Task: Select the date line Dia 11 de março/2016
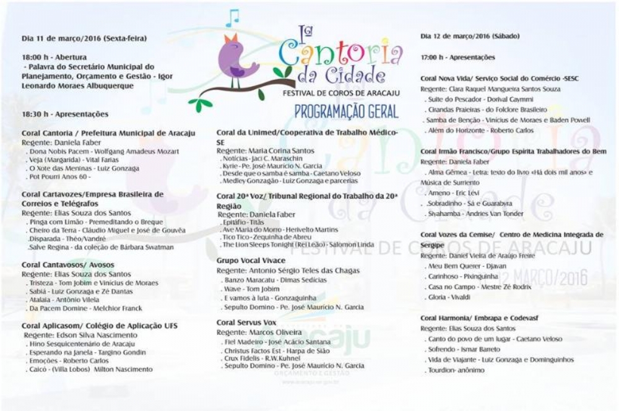click(84, 38)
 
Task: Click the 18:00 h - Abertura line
click(51, 57)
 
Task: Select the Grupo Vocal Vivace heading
click(250, 261)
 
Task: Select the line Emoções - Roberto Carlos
click(68, 361)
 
